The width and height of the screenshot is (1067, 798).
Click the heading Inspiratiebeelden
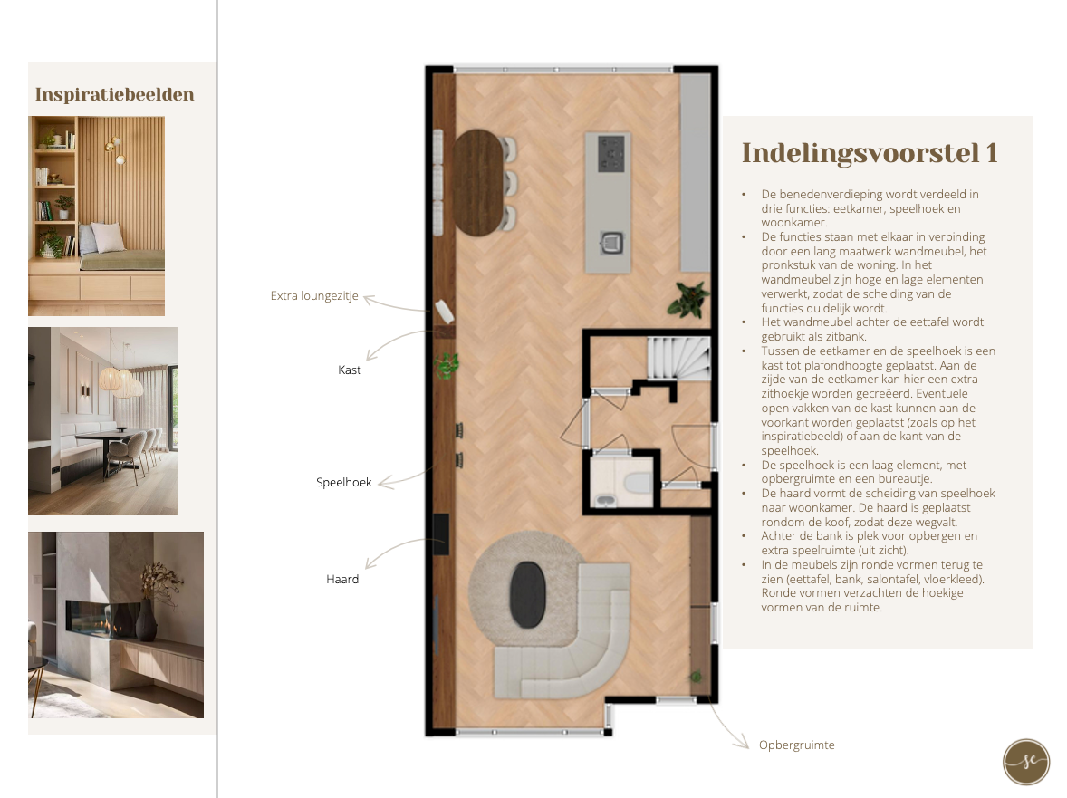(x=114, y=94)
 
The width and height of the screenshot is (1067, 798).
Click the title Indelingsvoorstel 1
(x=870, y=153)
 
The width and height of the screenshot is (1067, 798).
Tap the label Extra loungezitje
(x=314, y=296)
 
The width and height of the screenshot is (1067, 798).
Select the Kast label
(x=349, y=370)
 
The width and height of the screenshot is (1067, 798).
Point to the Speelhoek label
(x=343, y=483)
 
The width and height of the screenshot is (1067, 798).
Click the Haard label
(x=342, y=579)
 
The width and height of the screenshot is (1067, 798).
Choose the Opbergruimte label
(x=797, y=745)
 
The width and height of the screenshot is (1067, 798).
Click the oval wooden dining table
(x=478, y=182)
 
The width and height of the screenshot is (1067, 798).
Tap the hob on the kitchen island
(x=610, y=154)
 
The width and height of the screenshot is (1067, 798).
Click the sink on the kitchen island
(x=611, y=242)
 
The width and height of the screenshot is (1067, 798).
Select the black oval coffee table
(x=528, y=594)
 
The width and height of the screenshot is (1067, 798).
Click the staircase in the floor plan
(x=678, y=358)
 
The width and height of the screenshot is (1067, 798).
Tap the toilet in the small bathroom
(x=638, y=482)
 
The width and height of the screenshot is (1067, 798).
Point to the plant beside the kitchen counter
(x=688, y=299)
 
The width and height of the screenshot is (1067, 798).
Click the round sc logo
(x=1026, y=762)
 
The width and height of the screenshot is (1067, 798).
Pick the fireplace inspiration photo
(x=116, y=624)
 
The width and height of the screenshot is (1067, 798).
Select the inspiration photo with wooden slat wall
(x=96, y=216)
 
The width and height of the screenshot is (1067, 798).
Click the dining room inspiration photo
(x=102, y=420)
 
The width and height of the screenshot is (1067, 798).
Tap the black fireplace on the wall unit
(x=441, y=534)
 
